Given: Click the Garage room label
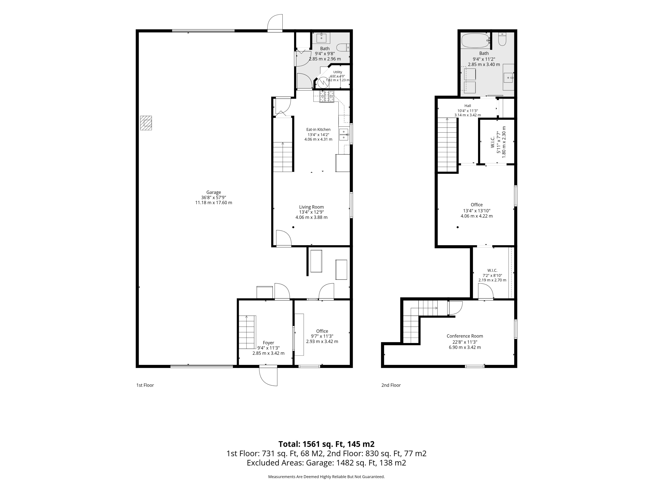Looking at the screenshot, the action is [213, 192].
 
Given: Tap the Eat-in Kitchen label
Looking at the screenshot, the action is [318, 129].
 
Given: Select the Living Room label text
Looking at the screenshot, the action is [311, 207].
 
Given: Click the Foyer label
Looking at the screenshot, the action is [268, 343].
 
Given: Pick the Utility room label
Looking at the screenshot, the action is [337, 72].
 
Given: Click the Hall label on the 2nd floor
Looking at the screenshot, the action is [468, 106].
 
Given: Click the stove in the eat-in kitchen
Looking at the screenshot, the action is [327, 97].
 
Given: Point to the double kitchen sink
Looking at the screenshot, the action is [344, 134].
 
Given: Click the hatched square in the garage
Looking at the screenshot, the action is [146, 123].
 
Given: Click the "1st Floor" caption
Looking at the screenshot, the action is [145, 385].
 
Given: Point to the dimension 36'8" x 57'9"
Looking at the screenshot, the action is [213, 198].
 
